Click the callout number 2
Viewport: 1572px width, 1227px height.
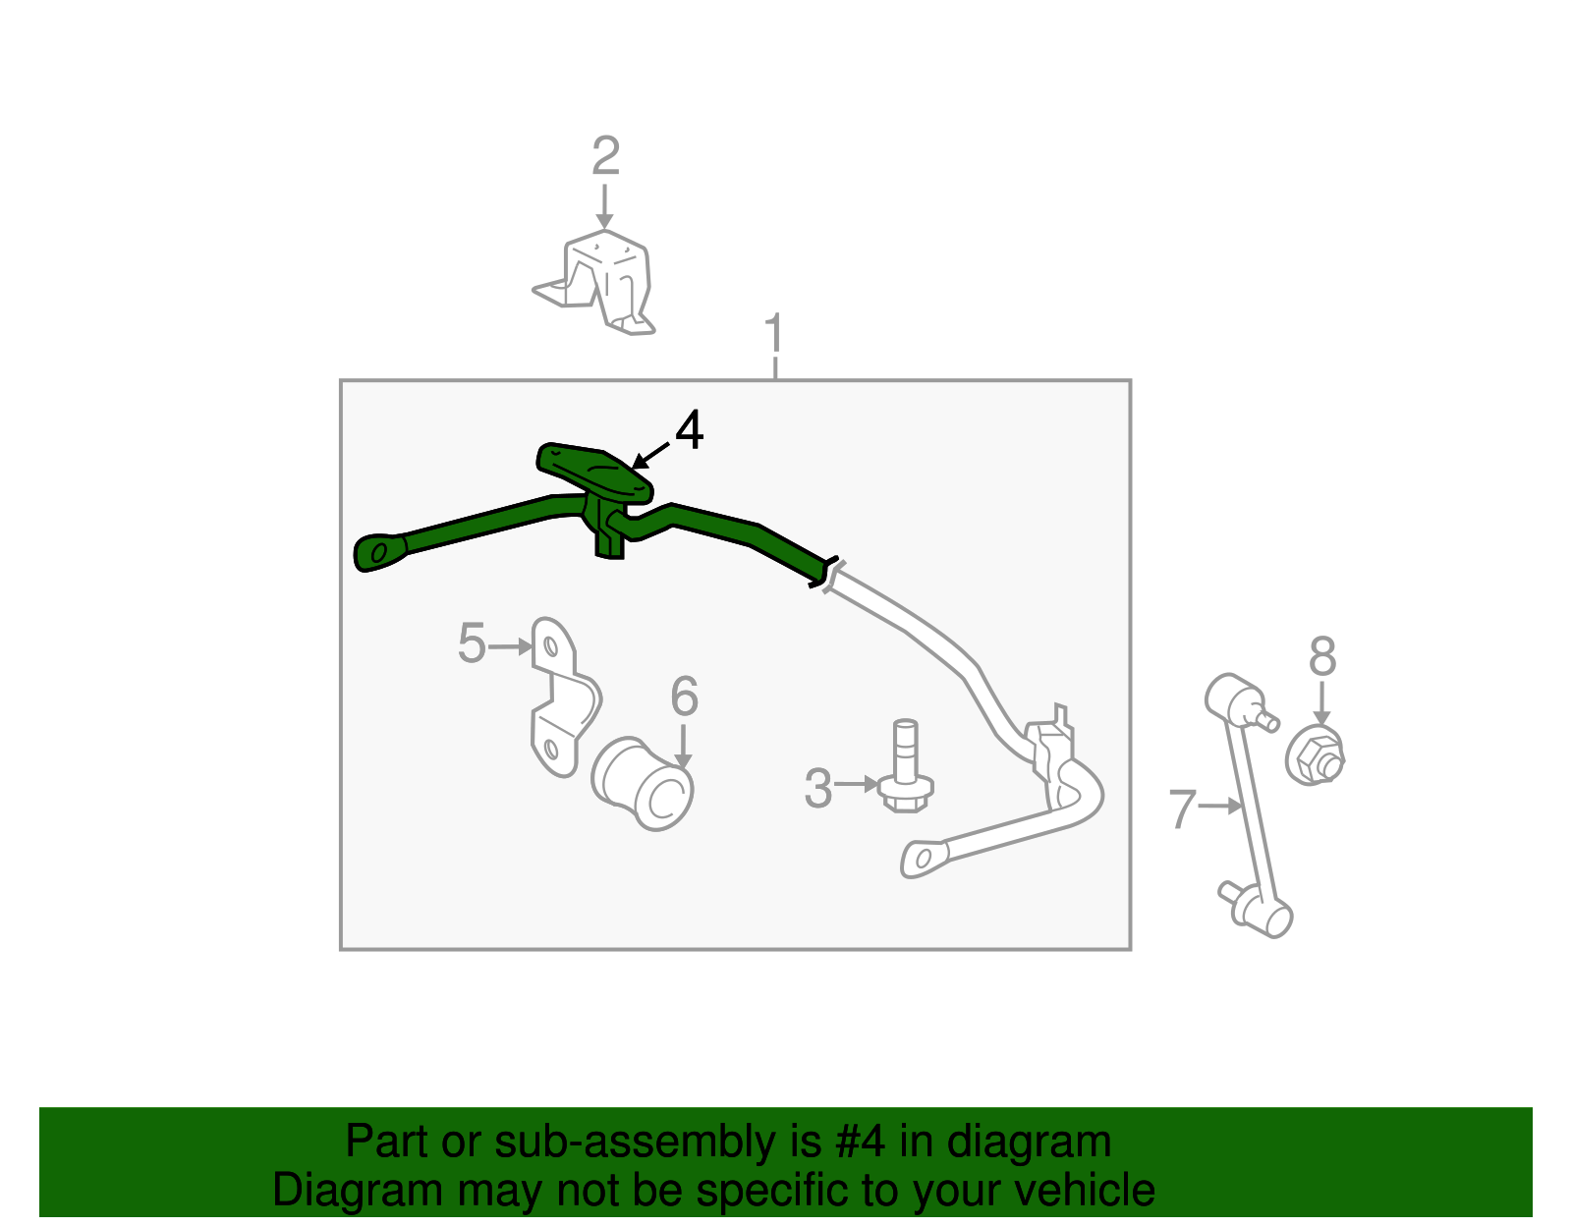click(605, 157)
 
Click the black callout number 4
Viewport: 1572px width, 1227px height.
click(690, 431)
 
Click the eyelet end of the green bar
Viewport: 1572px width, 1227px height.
click(379, 552)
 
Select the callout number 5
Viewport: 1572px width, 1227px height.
click(472, 644)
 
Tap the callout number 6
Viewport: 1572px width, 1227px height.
click(684, 697)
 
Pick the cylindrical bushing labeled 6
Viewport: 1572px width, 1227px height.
click(644, 783)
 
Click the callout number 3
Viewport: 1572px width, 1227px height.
click(817, 789)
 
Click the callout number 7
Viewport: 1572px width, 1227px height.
click(1182, 809)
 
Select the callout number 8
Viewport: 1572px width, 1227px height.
click(1322, 657)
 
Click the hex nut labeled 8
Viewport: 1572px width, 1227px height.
click(1314, 756)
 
